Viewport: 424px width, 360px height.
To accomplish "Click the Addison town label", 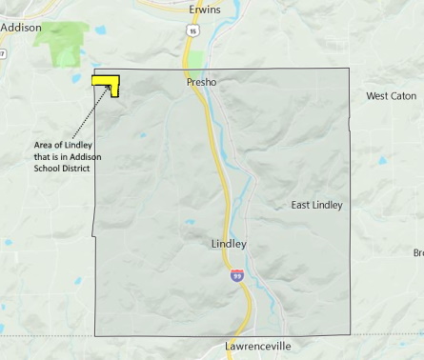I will [21, 28].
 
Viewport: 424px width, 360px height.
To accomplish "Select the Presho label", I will [201, 83].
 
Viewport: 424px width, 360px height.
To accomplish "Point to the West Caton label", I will [391, 96].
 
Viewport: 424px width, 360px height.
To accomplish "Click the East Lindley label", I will [316, 205].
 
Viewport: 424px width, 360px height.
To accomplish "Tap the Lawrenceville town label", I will [258, 346].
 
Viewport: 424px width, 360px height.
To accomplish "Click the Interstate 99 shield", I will [236, 276].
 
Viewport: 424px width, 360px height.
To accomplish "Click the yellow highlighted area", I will [104, 81].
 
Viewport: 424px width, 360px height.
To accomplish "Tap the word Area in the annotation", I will [43, 145].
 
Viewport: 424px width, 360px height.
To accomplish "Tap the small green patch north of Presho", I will [194, 64].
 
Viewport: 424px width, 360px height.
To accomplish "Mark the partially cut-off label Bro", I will [418, 252].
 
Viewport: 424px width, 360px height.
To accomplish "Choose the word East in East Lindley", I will [302, 205].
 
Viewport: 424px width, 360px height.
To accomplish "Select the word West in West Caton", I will [378, 96].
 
